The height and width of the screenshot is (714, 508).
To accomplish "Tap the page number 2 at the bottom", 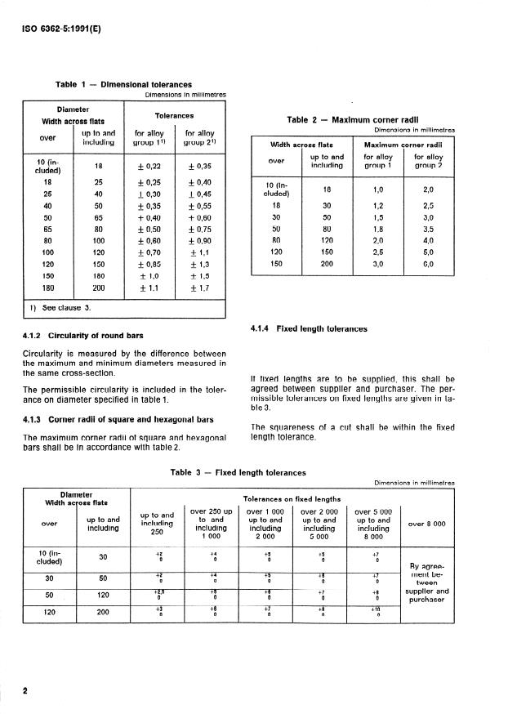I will click(25, 690).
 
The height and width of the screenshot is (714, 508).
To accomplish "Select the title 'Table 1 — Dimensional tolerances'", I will click(123, 84).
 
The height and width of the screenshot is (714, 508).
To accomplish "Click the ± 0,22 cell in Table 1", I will click(149, 166).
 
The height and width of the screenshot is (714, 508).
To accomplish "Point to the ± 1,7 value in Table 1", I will click(199, 288).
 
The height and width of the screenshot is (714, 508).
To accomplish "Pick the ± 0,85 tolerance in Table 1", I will click(149, 264).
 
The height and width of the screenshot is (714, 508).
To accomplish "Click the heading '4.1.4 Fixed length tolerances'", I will click(310, 328).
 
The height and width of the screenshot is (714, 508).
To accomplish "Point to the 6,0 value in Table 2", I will click(428, 265).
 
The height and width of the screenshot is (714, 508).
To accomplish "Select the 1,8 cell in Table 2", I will click(377, 230).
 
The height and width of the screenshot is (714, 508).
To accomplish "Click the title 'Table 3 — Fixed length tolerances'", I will click(238, 472).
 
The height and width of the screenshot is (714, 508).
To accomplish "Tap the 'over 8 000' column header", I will click(426, 523).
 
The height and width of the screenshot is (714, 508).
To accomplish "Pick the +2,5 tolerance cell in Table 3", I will click(160, 592).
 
